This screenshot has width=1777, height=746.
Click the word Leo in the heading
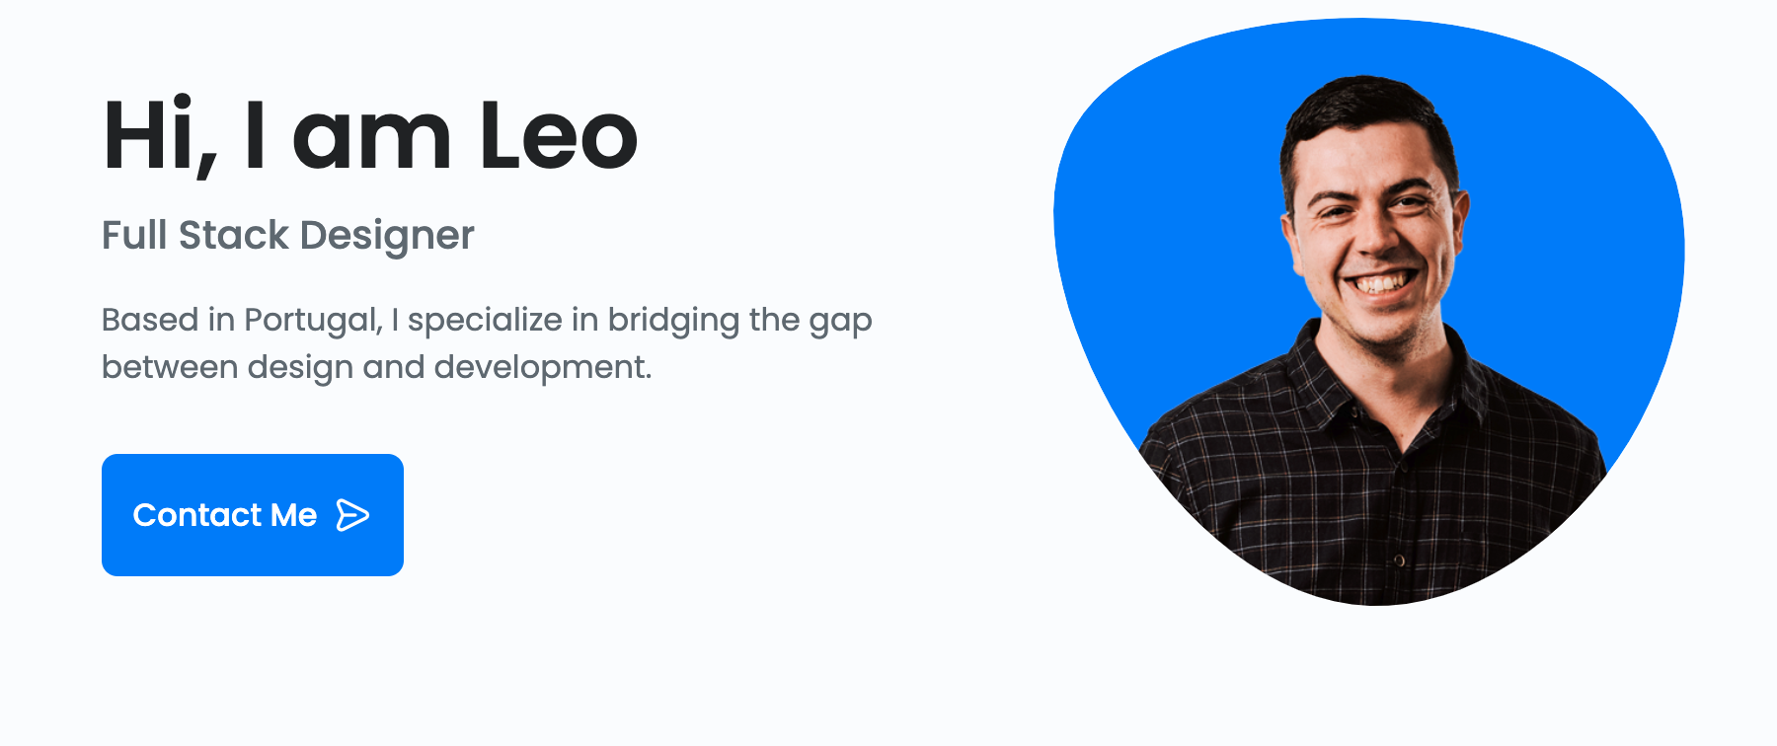[559, 135]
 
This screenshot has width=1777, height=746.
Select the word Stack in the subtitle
[234, 235]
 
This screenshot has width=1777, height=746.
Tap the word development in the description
[543, 368]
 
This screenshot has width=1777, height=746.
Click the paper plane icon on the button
[352, 515]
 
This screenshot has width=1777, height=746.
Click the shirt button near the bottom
[1399, 560]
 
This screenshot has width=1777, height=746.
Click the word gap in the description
[840, 323]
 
